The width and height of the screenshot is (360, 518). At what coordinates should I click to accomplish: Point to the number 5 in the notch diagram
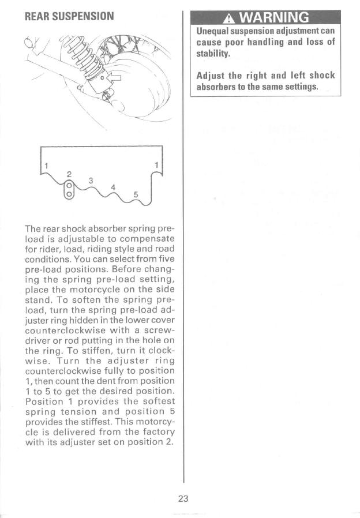[x=136, y=194]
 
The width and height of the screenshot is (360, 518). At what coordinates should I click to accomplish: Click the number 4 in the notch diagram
[x=113, y=187]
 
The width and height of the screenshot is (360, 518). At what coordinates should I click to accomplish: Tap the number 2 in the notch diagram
[x=69, y=173]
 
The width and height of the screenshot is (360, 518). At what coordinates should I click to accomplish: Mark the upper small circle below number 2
[x=69, y=186]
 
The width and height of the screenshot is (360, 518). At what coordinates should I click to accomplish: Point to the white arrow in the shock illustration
[x=115, y=76]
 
